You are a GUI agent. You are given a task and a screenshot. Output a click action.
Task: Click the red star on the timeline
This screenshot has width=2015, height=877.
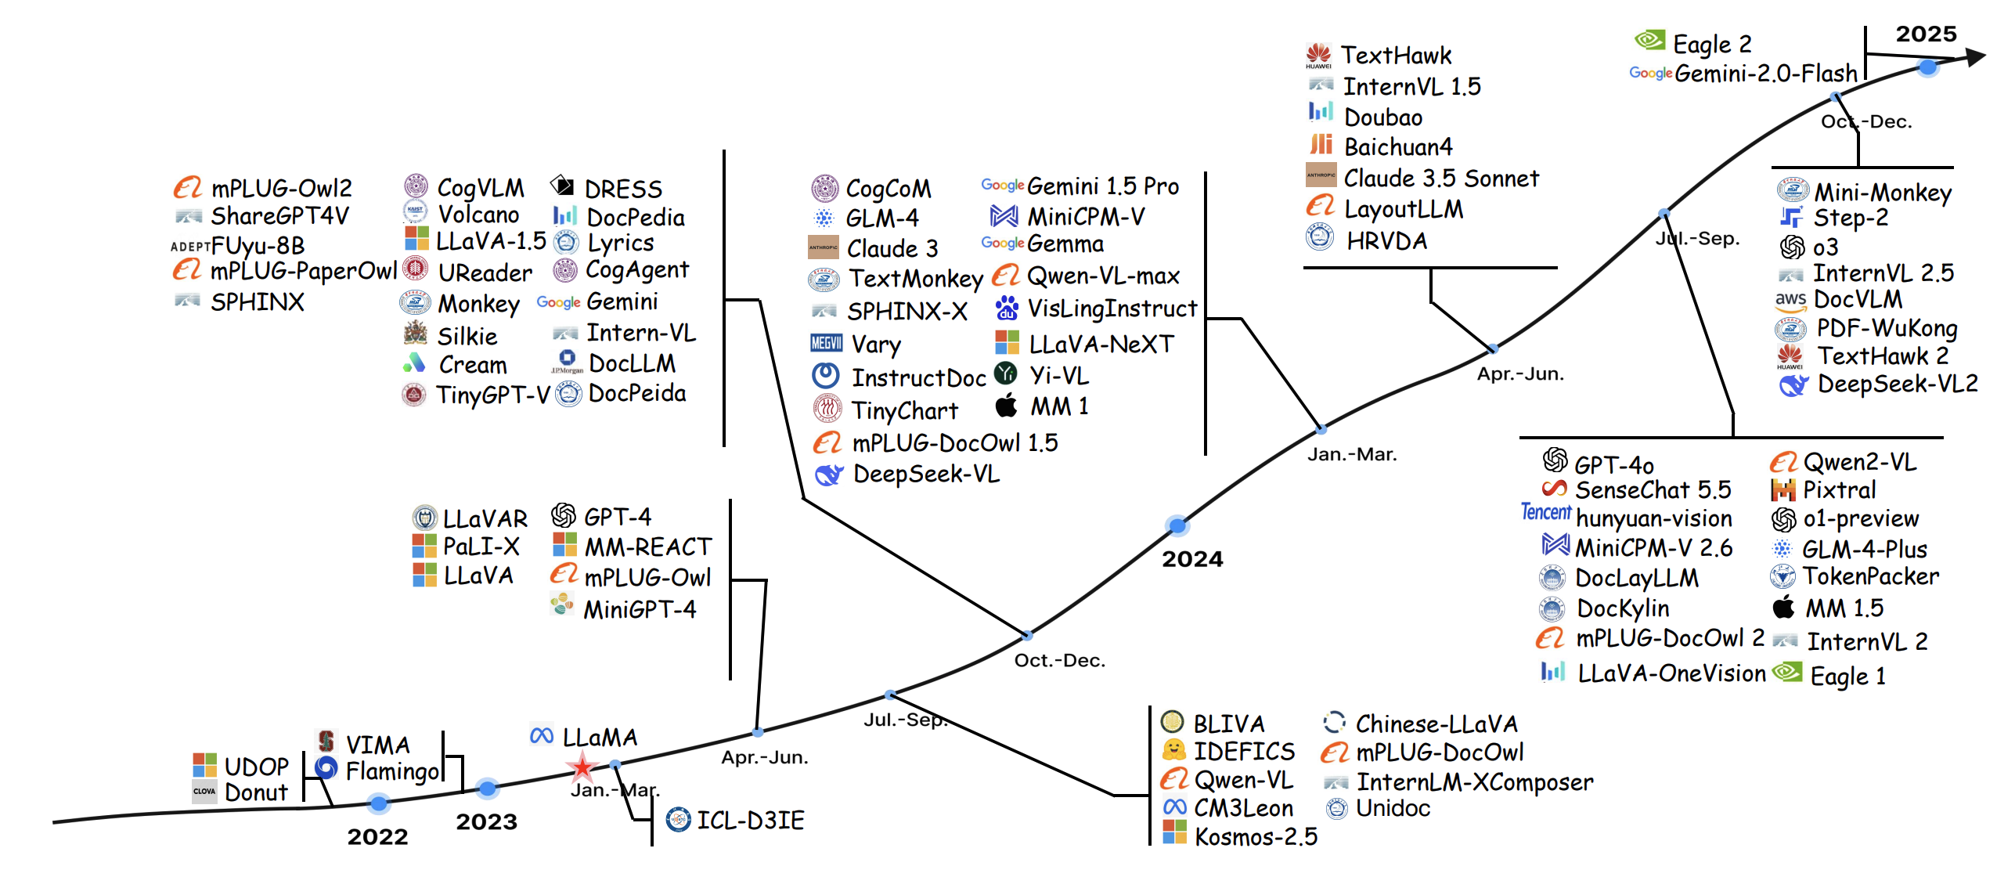point(582,767)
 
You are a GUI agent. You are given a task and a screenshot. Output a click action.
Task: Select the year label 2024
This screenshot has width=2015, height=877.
point(1191,559)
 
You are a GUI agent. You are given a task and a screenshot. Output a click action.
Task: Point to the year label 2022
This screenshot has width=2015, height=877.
point(377,836)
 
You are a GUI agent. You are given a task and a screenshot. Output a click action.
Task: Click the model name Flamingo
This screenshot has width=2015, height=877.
point(392,771)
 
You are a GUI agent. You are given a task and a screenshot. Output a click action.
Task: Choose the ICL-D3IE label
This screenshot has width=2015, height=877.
point(750,820)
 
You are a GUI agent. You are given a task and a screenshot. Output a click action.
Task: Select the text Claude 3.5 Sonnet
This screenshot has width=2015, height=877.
point(1440,179)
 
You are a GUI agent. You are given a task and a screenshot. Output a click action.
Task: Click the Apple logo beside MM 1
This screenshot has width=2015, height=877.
point(1006,406)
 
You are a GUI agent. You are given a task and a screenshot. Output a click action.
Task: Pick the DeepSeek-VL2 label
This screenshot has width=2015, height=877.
point(1897,384)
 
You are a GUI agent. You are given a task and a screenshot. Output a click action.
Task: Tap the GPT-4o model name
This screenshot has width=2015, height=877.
point(1613,465)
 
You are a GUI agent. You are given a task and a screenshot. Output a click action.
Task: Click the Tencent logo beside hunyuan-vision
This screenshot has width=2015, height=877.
point(1545,512)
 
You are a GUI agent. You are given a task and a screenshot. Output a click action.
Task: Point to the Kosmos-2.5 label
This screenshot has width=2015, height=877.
point(1256,836)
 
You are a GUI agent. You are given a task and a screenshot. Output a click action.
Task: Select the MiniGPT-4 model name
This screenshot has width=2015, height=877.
point(639,608)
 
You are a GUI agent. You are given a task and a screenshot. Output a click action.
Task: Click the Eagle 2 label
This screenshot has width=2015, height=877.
point(1711,44)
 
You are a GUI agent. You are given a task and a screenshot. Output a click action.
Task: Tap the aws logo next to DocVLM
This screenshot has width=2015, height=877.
point(1790,300)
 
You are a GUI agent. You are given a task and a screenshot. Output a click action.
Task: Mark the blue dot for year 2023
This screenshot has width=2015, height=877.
point(487,788)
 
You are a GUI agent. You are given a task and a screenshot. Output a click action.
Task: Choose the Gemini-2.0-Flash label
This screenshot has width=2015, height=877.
point(1765,74)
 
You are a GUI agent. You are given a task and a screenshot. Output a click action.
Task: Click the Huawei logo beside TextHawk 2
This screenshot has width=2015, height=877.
point(1790,356)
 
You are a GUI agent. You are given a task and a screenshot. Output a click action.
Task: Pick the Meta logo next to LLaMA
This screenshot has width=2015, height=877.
point(542,736)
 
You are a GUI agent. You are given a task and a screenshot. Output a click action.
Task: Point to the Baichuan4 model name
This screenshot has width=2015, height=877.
point(1397,147)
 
